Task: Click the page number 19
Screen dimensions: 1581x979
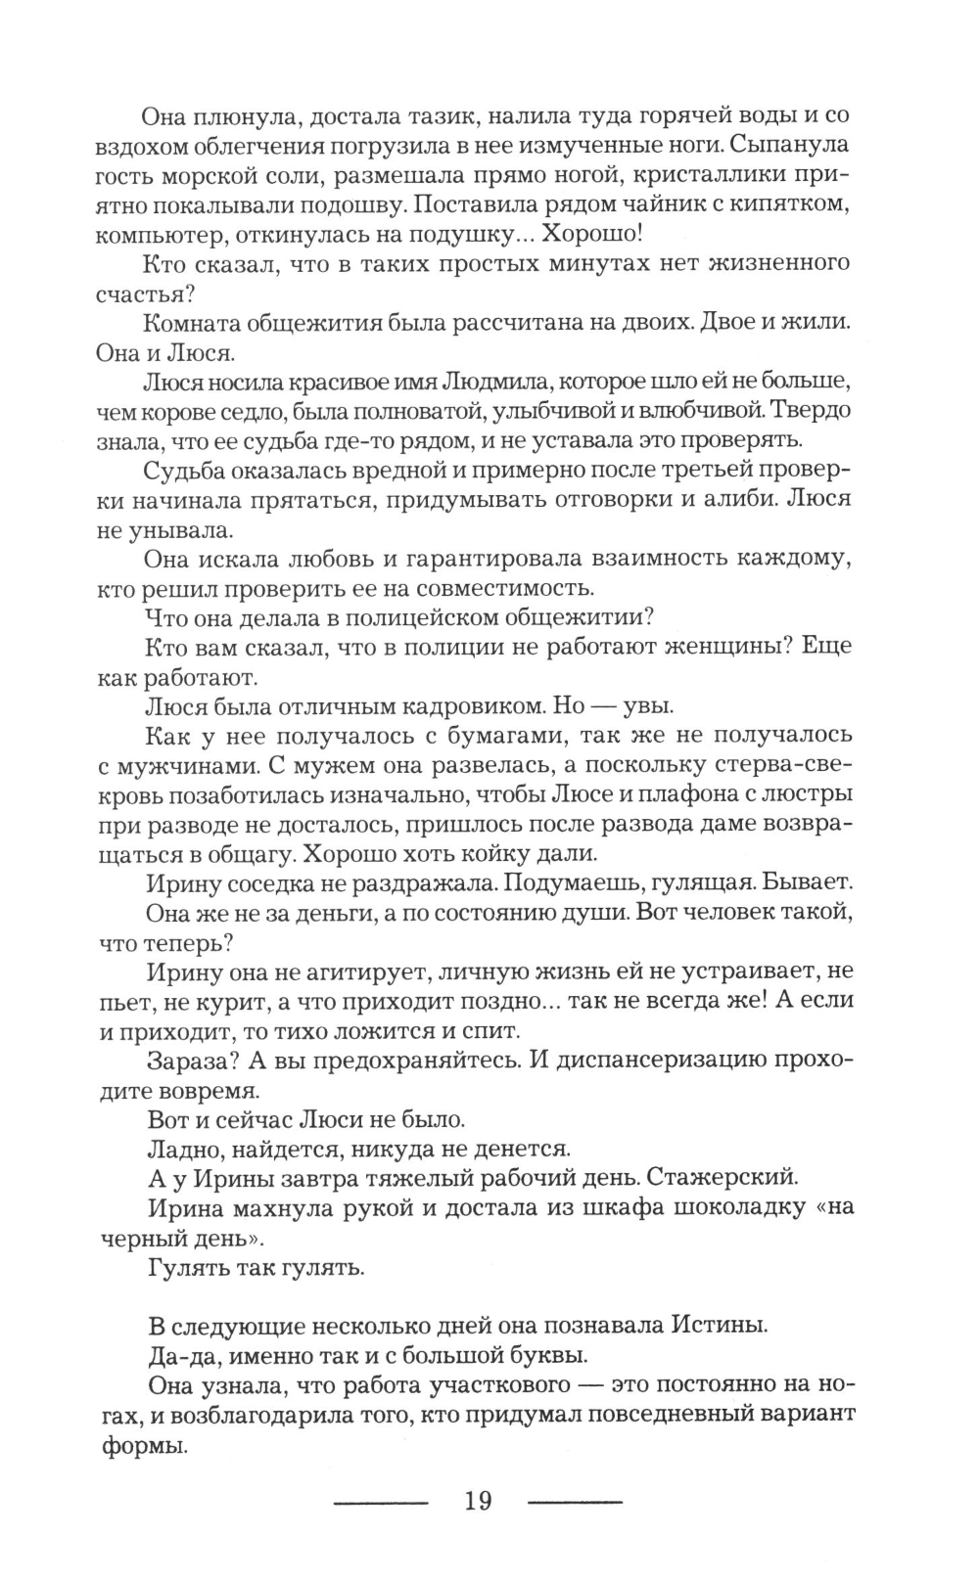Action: click(478, 1501)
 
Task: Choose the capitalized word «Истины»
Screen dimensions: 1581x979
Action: click(718, 1326)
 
